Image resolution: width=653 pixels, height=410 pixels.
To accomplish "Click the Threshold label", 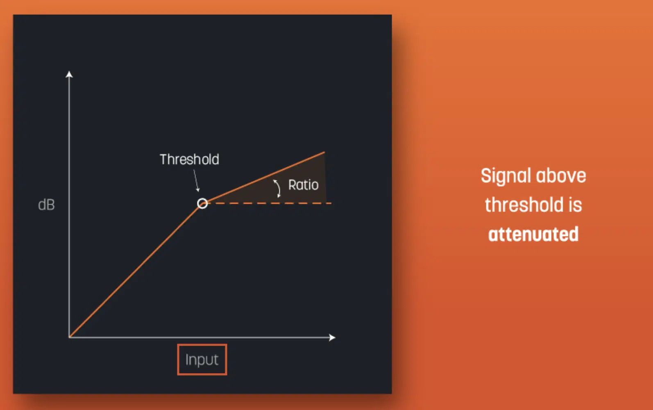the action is (190, 159).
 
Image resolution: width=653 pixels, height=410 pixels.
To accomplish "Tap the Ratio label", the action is (303, 185).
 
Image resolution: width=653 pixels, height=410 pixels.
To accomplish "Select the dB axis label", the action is (46, 205).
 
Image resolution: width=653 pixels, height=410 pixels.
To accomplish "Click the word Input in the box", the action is (202, 360).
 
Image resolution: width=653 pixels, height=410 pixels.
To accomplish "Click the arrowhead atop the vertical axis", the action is (69, 74).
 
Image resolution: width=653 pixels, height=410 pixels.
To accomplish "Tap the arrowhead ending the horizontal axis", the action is (332, 337).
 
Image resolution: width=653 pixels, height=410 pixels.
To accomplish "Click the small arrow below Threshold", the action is (196, 181).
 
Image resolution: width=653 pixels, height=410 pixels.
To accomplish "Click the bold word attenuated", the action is (533, 234).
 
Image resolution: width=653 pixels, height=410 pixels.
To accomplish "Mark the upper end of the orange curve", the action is (324, 152).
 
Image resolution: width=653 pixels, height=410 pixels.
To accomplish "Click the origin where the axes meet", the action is (69, 337).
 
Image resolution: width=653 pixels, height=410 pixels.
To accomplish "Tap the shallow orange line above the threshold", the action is (266, 177).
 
